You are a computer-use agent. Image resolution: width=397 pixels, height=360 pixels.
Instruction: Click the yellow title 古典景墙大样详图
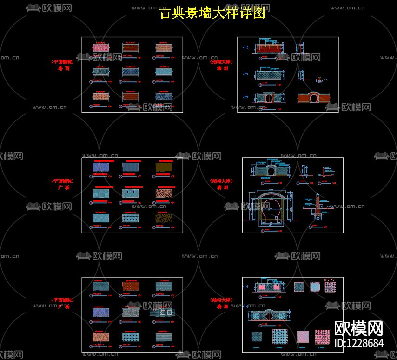(x=212, y=13)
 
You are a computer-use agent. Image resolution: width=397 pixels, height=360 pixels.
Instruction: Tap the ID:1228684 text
(x=359, y=343)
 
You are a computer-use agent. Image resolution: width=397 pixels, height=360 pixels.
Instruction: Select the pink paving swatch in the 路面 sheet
(x=100, y=47)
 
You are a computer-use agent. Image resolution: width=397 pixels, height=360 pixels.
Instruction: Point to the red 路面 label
(x=63, y=68)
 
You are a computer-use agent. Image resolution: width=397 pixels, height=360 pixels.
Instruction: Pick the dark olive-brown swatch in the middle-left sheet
(x=163, y=167)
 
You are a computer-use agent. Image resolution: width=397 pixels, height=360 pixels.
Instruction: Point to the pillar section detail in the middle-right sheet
(x=317, y=208)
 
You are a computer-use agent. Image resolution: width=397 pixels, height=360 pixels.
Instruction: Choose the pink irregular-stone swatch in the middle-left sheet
(x=163, y=193)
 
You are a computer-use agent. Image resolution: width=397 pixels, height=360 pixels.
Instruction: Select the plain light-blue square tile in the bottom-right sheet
(x=315, y=287)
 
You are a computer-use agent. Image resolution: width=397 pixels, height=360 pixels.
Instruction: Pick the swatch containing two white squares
(x=163, y=312)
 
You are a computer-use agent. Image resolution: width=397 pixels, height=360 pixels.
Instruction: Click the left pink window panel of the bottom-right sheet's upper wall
(x=262, y=287)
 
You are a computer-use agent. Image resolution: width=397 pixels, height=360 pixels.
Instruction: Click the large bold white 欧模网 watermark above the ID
(x=358, y=328)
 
